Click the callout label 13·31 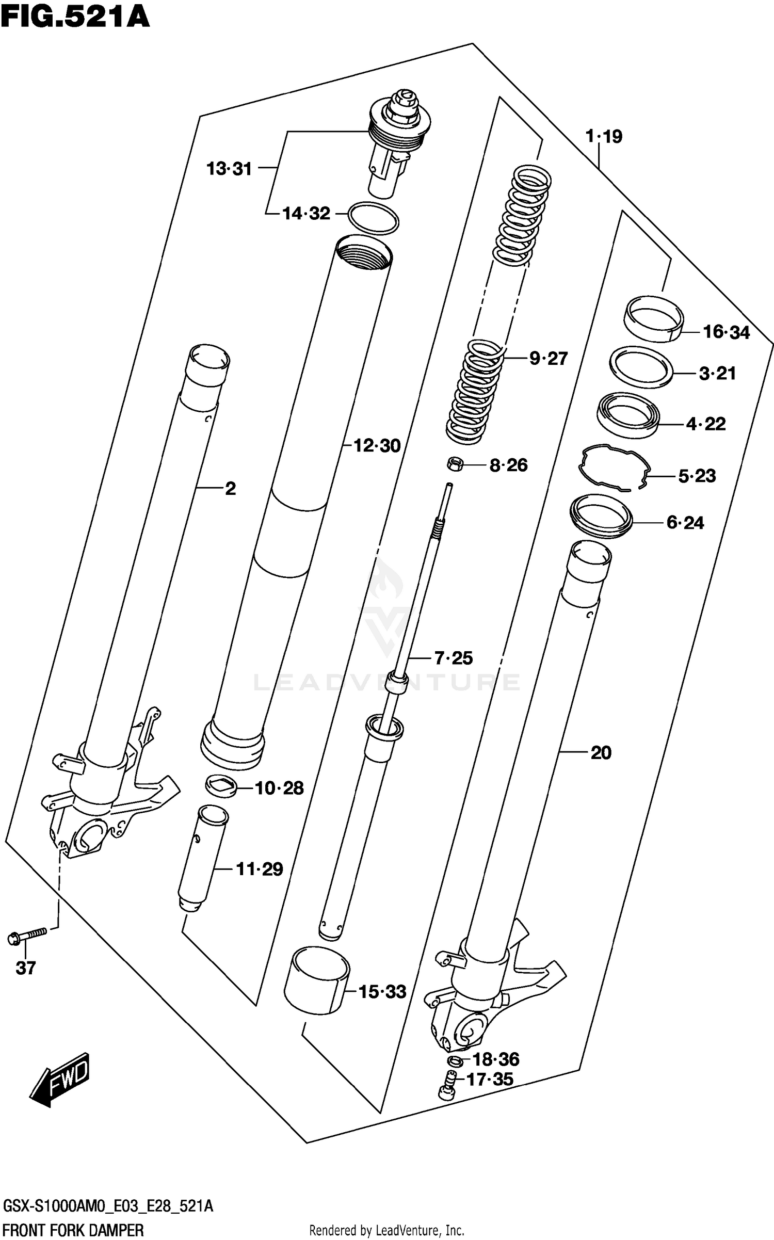(x=229, y=169)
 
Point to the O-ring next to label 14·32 (x=374, y=218)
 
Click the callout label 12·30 (x=377, y=445)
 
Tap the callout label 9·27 (x=549, y=358)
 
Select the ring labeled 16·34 (x=653, y=318)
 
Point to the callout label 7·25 (x=453, y=658)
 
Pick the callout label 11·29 (x=260, y=869)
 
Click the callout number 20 (x=601, y=753)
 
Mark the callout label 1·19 (x=604, y=137)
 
